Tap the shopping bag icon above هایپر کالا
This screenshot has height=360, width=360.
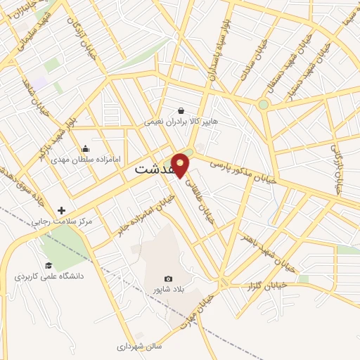pyautogui.click(x=181, y=110)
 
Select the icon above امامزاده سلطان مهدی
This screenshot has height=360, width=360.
pyautogui.click(x=85, y=148)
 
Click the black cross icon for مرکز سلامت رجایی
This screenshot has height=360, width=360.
pyautogui.click(x=61, y=210)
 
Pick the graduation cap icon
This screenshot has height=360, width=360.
pyautogui.click(x=49, y=265)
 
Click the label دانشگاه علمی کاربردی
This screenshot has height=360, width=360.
pyautogui.click(x=49, y=276)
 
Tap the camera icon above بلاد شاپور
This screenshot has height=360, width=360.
pyautogui.click(x=167, y=279)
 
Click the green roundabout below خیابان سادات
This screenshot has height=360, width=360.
pyautogui.click(x=263, y=105)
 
